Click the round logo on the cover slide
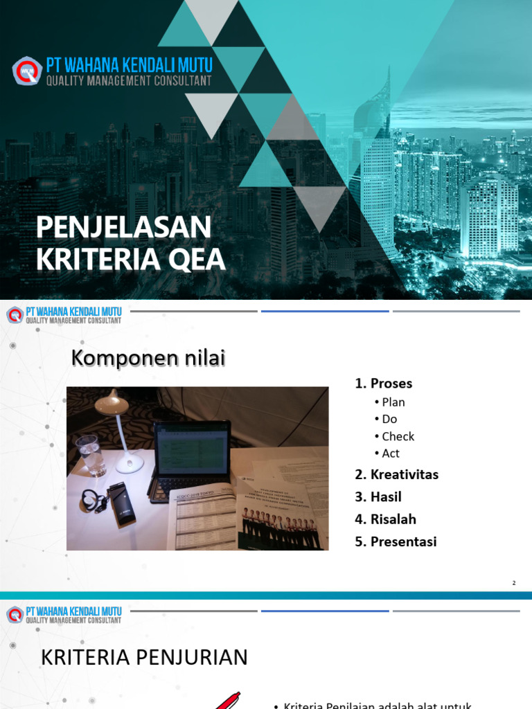click(27, 71)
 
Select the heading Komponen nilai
click(149, 359)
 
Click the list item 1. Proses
click(384, 384)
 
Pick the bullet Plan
click(393, 402)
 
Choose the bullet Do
click(389, 419)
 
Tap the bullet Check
click(398, 436)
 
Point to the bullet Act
click(391, 454)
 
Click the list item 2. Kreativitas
click(397, 475)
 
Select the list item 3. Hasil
click(378, 497)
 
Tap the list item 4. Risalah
click(386, 519)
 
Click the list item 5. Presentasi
click(396, 542)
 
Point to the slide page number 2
click(514, 583)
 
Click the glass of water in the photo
click(91, 454)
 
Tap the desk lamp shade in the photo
click(113, 402)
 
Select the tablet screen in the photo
click(193, 449)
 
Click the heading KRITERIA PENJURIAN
click(145, 657)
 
